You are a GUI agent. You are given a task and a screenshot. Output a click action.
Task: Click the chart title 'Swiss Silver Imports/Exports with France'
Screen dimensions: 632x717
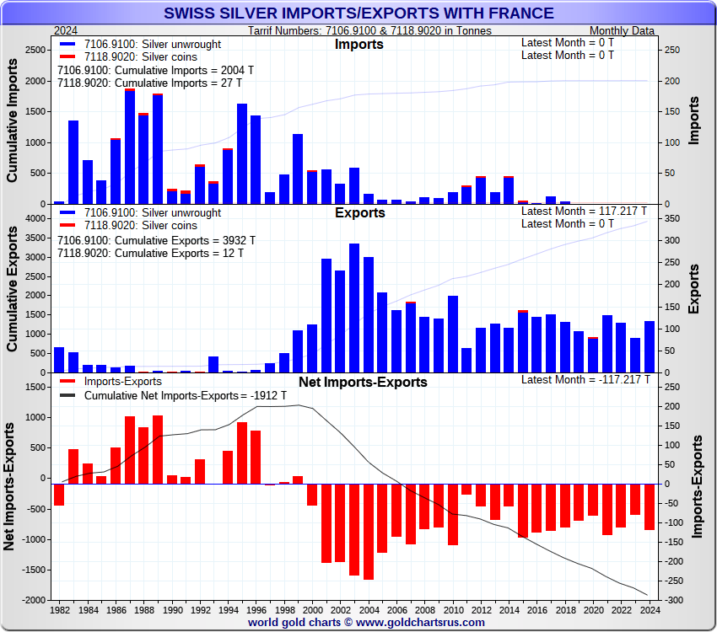[358, 13]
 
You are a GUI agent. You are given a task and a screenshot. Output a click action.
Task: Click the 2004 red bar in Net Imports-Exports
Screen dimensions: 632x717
[369, 531]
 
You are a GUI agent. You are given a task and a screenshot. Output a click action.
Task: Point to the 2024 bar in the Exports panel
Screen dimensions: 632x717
[650, 346]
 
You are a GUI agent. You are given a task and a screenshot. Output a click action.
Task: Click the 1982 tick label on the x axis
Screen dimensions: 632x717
[60, 609]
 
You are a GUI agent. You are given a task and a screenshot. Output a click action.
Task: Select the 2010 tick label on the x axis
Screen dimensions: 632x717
[453, 609]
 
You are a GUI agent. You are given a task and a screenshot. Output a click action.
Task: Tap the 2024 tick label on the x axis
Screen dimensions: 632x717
[650, 609]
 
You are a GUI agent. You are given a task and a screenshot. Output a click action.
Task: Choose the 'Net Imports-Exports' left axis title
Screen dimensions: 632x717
[10, 489]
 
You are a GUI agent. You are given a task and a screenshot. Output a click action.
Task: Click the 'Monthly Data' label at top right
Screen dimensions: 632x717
[622, 31]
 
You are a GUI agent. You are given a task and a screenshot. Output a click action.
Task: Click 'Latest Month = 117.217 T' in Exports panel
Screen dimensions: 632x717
[584, 211]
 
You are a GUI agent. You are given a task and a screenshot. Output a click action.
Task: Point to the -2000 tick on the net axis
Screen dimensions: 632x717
[33, 600]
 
